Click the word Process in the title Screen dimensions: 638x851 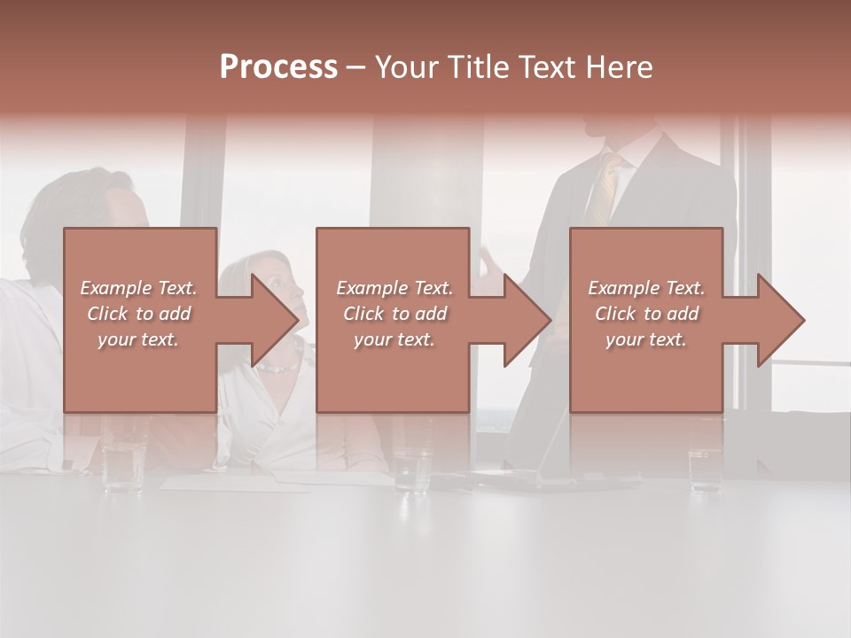pyautogui.click(x=278, y=66)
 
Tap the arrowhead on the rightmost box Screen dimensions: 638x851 pyautogui.click(x=779, y=320)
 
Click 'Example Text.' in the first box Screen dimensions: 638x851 pyautogui.click(x=138, y=288)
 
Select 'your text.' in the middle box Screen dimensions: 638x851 pyautogui.click(x=394, y=339)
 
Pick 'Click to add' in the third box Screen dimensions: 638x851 pyautogui.click(x=647, y=314)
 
